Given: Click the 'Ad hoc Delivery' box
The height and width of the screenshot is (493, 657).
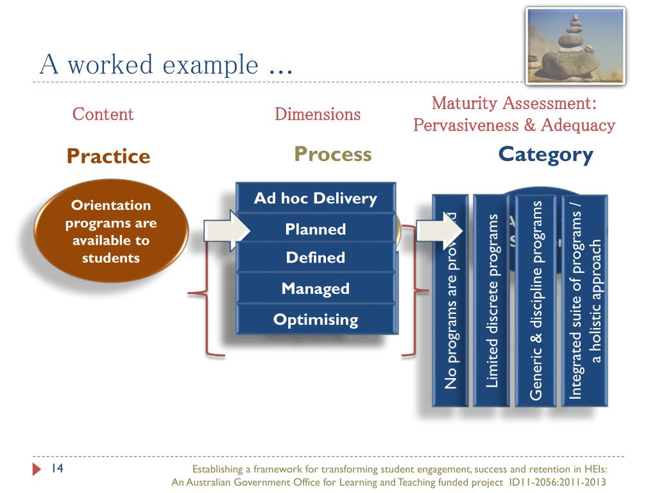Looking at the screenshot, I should point(316,198).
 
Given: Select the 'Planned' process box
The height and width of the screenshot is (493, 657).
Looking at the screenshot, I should point(316,229).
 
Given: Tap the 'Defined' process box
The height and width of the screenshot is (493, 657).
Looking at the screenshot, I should point(316,257).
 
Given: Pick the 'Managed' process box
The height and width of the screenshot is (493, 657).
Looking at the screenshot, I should point(316,288).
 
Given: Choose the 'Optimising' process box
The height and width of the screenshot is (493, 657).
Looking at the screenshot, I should point(316,319).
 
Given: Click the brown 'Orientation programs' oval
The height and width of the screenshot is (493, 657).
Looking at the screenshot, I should point(110,231).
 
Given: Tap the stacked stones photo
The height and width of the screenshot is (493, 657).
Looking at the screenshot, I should point(566,46).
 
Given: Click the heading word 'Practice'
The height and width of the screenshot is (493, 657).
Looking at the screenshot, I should point(108,156).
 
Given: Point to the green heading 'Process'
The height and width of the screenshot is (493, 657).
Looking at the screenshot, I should point(333,154).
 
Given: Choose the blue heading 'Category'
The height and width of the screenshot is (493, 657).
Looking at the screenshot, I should point(546,155).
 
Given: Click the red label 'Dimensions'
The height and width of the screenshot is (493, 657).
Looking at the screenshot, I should point(318,115).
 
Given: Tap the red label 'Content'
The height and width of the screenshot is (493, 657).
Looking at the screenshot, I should point(103,114).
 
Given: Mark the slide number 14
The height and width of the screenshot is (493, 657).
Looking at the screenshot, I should point(57,467).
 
